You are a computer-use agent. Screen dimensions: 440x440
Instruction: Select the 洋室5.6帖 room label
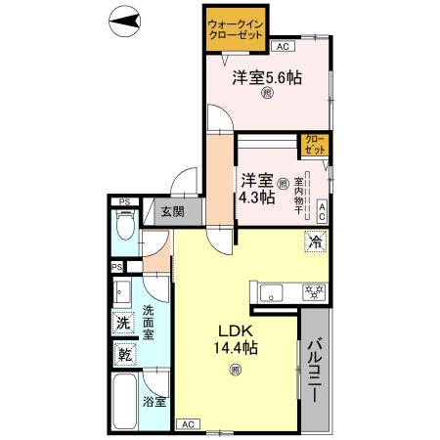pos(265,78)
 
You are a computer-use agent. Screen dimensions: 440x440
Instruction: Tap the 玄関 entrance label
pos(173,211)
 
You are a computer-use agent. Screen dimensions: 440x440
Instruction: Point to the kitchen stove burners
pos(314,290)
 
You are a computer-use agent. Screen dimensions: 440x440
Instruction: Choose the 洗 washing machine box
pos(124,323)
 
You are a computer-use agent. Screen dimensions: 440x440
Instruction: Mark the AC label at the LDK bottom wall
pos(186,424)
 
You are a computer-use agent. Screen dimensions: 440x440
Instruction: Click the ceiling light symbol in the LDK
pos(235,370)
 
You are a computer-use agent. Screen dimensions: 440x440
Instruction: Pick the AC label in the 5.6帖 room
pos(282,46)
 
